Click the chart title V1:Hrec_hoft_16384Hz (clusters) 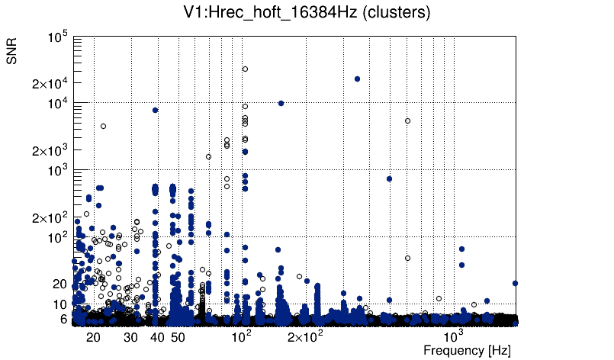click(306, 13)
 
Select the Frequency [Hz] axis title click(467, 350)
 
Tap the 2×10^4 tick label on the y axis click(50, 83)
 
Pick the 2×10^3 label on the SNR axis click(50, 150)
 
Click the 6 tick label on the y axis click(64, 320)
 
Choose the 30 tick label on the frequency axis click(130, 337)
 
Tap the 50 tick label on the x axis click(177, 337)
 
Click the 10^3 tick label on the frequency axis click(454, 336)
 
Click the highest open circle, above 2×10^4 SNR click(246, 69)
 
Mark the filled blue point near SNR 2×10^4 click(357, 79)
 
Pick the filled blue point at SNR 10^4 click(281, 103)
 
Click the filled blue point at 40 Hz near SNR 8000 click(156, 110)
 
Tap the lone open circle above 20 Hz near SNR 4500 click(103, 126)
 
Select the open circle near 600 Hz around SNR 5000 click(407, 121)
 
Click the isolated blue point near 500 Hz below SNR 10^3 click(389, 178)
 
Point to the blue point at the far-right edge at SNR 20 click(516, 283)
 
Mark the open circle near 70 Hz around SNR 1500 click(208, 156)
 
